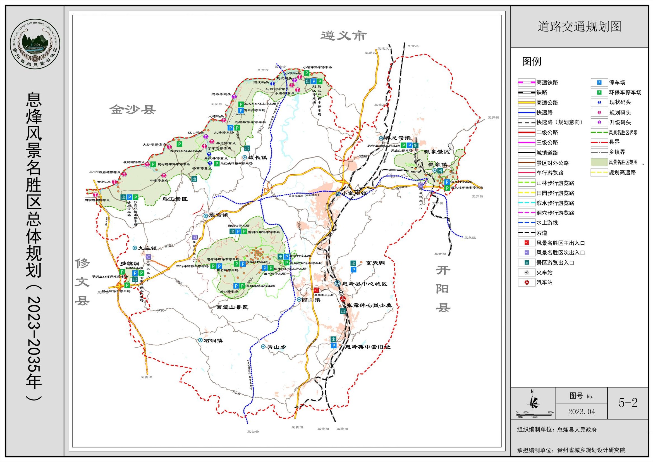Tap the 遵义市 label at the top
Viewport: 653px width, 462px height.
click(x=344, y=36)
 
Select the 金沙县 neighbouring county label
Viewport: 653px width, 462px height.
click(x=133, y=110)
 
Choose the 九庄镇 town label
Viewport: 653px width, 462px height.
click(x=148, y=248)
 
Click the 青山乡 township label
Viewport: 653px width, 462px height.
click(x=276, y=347)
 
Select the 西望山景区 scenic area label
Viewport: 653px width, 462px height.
click(x=232, y=307)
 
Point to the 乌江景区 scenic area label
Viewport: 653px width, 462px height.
click(x=174, y=199)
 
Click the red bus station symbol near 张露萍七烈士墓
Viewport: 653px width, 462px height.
click(x=343, y=298)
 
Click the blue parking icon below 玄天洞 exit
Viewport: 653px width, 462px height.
click(x=353, y=270)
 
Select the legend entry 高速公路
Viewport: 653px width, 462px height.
click(x=547, y=103)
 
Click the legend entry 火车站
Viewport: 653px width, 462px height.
click(x=544, y=273)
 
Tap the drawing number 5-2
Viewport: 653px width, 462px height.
click(x=628, y=403)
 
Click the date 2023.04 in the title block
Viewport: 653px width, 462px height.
click(x=581, y=412)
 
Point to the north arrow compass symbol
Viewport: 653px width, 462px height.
click(x=533, y=403)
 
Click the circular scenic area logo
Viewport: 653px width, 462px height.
click(x=35, y=44)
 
